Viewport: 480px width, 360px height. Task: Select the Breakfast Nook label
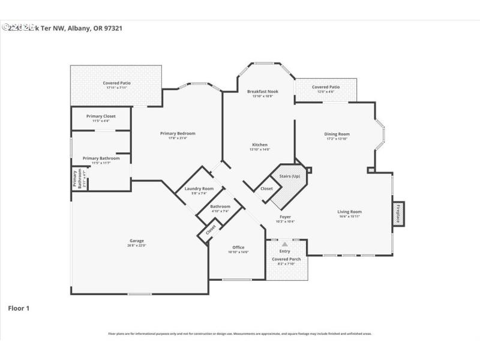coord(262,91)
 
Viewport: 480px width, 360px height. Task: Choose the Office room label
coord(238,247)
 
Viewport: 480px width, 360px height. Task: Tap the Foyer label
coord(286,217)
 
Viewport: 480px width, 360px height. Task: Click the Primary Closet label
coord(101,116)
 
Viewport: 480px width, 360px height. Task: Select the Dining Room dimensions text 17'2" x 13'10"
coord(337,139)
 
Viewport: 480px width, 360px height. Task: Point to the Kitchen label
coord(260,145)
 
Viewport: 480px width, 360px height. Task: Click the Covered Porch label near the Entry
coord(287,259)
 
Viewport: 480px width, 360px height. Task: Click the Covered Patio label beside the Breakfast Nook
coord(325,87)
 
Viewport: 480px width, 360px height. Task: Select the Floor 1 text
coord(19,308)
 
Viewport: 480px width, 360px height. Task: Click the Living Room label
coord(349,211)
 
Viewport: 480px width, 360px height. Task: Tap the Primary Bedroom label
coord(178,133)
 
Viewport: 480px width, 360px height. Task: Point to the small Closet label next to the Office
coord(211,229)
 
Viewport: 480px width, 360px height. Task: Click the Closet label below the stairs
coord(266,188)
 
